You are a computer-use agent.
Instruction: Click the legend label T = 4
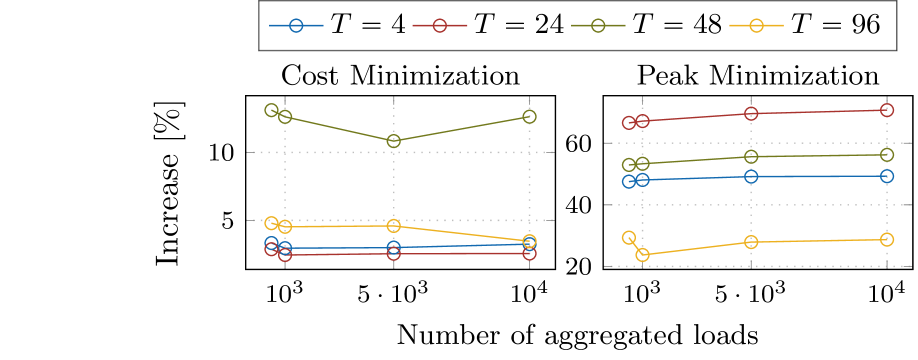[367, 26]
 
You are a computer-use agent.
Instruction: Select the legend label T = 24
[518, 26]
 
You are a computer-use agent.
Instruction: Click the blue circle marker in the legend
[295, 27]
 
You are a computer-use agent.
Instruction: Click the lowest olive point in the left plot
[393, 141]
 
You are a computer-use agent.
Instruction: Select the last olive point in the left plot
[530, 117]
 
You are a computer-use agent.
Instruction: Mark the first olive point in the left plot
[271, 110]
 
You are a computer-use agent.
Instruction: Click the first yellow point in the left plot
[271, 223]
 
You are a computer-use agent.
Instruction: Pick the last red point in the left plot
[530, 254]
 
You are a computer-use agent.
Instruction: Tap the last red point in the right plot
[887, 110]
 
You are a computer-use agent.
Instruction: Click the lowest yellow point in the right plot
[642, 255]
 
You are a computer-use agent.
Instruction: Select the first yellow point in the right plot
[629, 237]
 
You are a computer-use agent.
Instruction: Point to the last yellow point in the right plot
[887, 239]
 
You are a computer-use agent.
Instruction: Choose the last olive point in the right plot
[887, 154]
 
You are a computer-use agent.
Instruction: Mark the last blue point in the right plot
[887, 176]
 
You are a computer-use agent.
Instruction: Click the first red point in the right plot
[629, 123]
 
